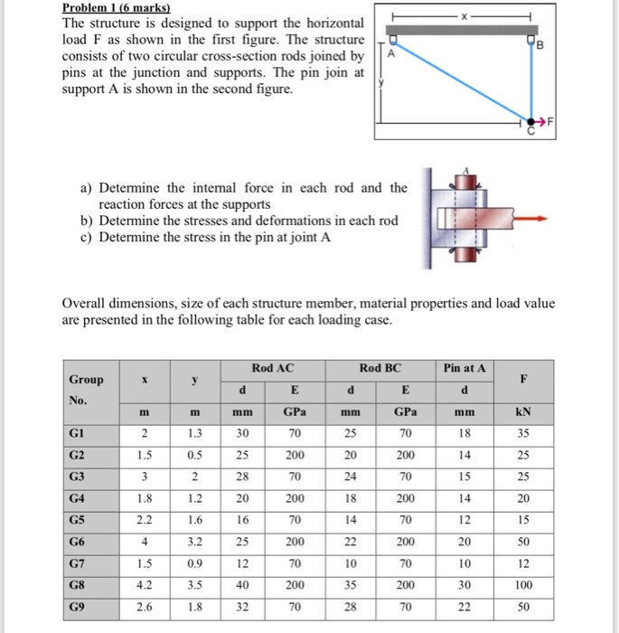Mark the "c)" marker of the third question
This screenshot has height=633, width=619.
pyautogui.click(x=88, y=238)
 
